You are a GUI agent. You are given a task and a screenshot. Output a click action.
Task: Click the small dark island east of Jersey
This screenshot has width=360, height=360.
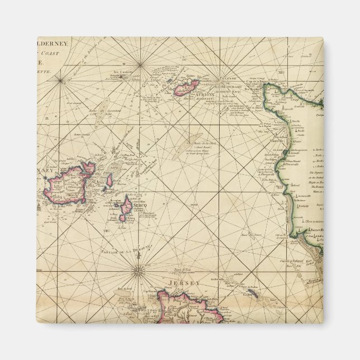pos(252,295)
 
